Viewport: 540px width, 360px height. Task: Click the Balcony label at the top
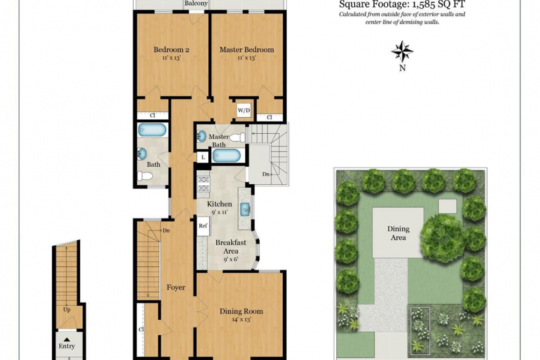tap(196, 3)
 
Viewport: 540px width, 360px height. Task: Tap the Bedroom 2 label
tap(171, 50)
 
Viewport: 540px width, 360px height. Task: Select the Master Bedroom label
tap(246, 50)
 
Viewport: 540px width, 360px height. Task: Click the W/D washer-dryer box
tap(244, 110)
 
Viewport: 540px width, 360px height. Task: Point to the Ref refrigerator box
tap(203, 226)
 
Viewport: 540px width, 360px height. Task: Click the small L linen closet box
tap(203, 157)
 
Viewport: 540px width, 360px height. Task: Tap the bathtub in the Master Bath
tap(226, 155)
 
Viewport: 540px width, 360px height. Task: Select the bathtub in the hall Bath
tap(152, 130)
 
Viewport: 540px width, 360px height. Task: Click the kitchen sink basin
tap(245, 209)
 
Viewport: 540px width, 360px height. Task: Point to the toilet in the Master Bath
tap(238, 138)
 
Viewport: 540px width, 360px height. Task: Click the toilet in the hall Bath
tap(145, 176)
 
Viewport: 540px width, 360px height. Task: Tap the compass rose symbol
tap(402, 52)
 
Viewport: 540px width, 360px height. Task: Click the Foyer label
tap(176, 287)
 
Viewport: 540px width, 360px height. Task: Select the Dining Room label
tap(241, 312)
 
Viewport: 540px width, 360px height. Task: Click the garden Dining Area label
tap(398, 233)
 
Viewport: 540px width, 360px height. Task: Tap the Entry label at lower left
tap(66, 346)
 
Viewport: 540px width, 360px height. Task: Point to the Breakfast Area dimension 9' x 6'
tap(231, 259)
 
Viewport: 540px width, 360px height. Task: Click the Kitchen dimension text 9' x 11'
tap(219, 212)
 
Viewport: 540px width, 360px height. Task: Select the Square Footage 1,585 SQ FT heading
tap(402, 4)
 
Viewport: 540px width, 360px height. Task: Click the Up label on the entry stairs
tap(67, 310)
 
